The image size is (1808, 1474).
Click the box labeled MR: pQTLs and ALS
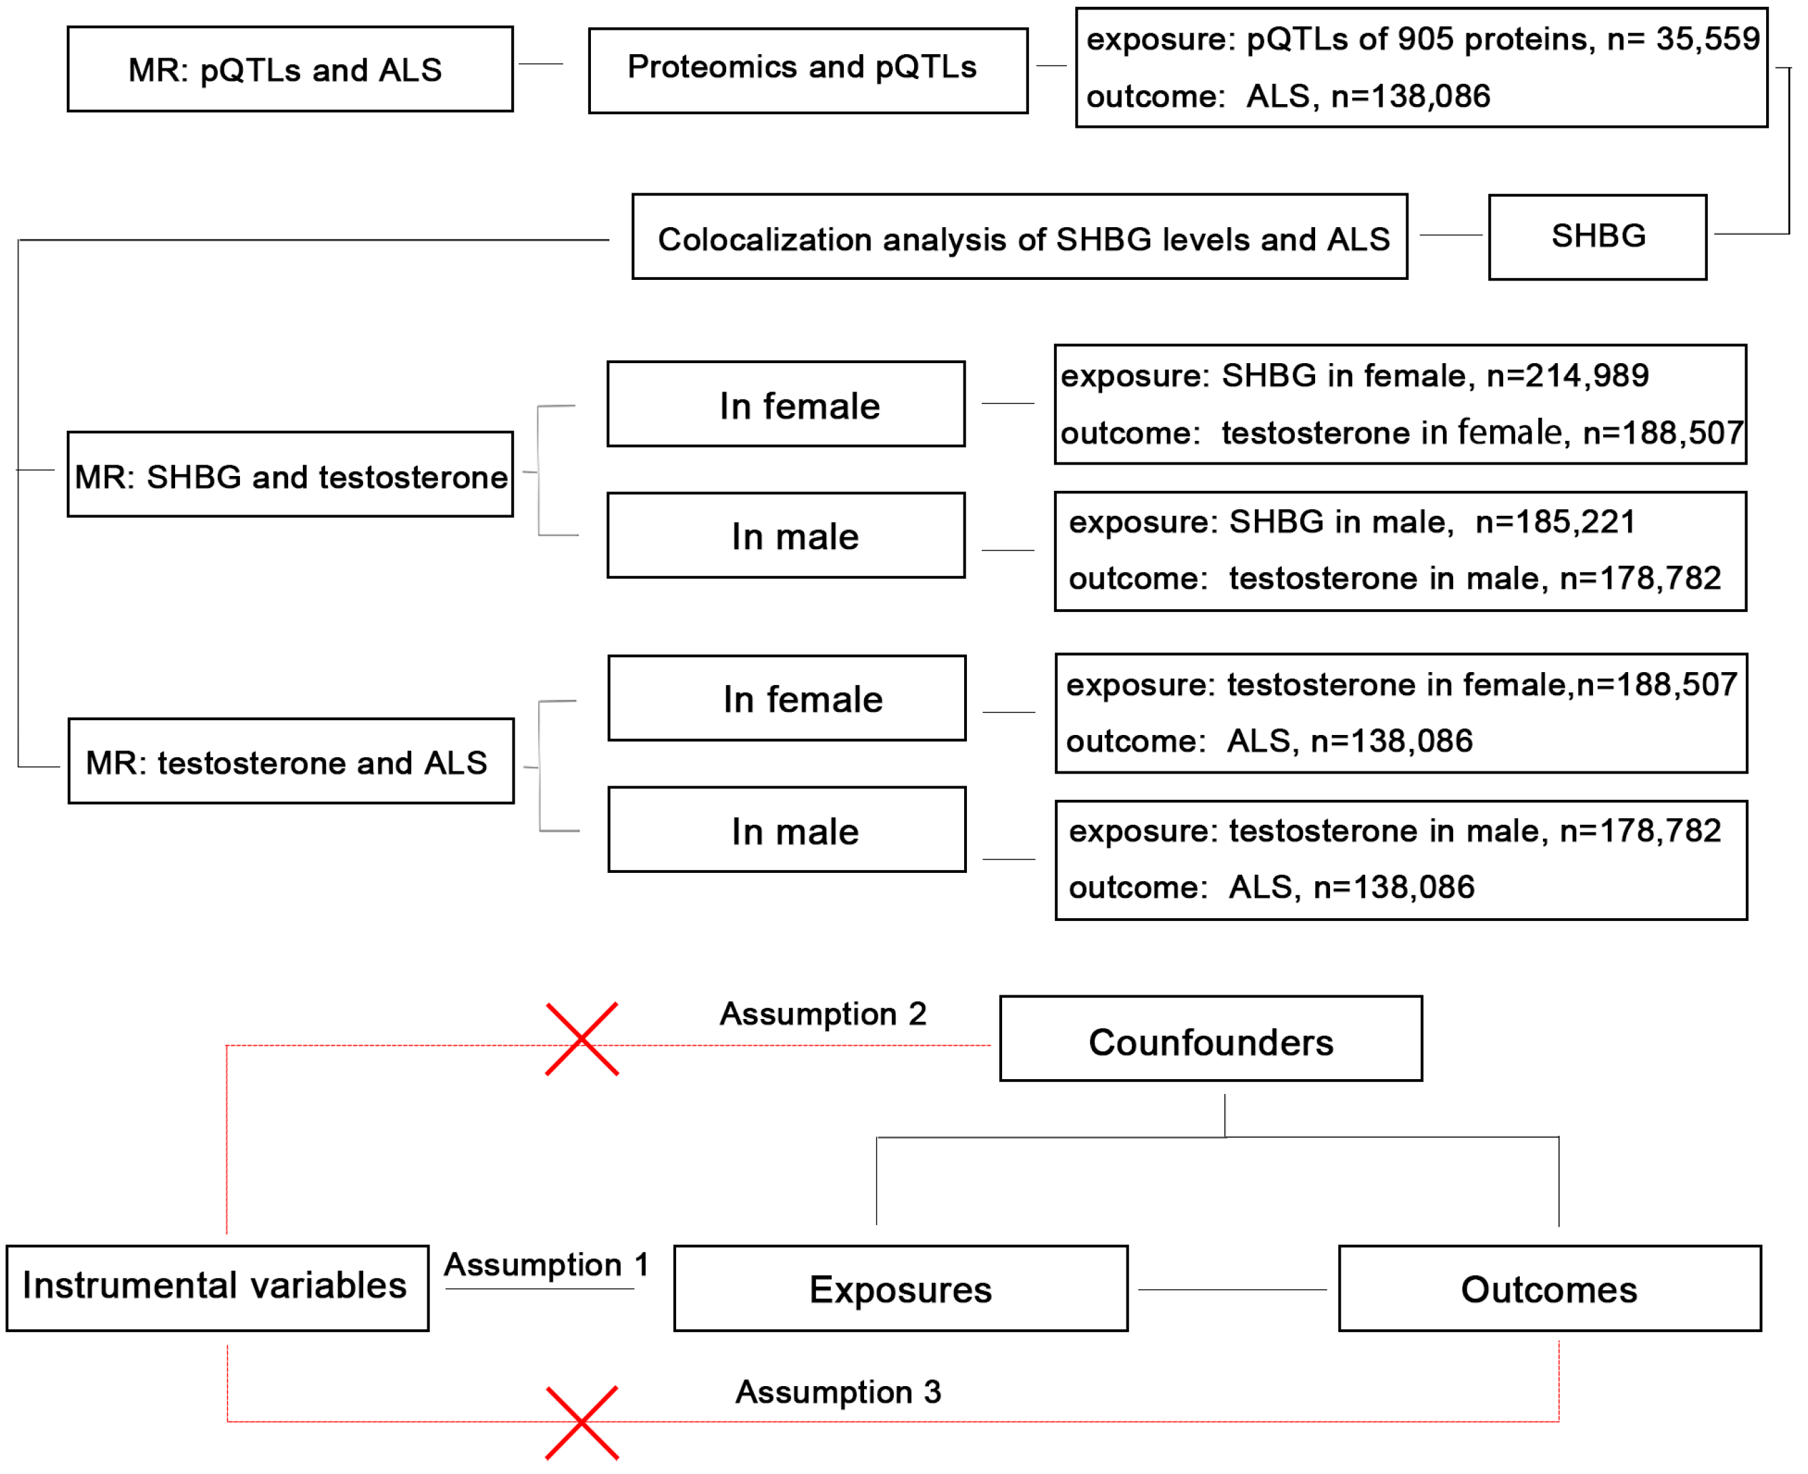pyautogui.click(x=289, y=69)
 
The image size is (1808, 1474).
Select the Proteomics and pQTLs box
pyautogui.click(x=807, y=70)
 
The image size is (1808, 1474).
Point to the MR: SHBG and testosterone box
pyautogui.click(x=289, y=474)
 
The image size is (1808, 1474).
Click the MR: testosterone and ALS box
pyautogui.click(x=290, y=761)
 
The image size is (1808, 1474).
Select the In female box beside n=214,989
pyautogui.click(x=785, y=404)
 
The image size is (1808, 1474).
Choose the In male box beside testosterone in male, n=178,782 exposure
pyautogui.click(x=786, y=829)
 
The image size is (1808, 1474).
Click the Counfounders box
pyautogui.click(x=1210, y=1039)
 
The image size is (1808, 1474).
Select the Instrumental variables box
pyautogui.click(x=217, y=1287)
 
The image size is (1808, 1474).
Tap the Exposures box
pyautogui.click(x=900, y=1288)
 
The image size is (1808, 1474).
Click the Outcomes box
pyautogui.click(x=1548, y=1288)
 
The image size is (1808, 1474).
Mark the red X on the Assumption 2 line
pyautogui.click(x=581, y=1039)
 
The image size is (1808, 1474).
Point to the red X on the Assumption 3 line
pyautogui.click(x=581, y=1423)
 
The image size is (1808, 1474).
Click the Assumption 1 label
pyautogui.click(x=546, y=1264)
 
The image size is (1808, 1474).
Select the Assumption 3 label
pyautogui.click(x=838, y=1392)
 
